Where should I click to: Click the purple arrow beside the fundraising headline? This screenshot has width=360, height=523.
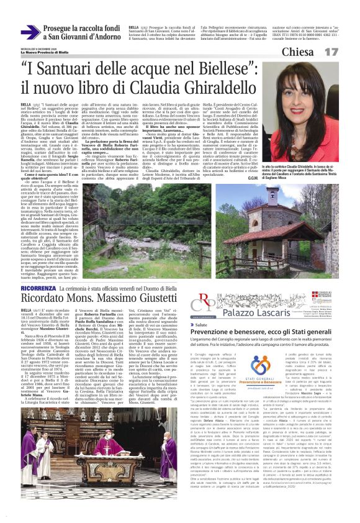[30, 32]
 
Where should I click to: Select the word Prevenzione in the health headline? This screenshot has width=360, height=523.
[217, 334]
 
